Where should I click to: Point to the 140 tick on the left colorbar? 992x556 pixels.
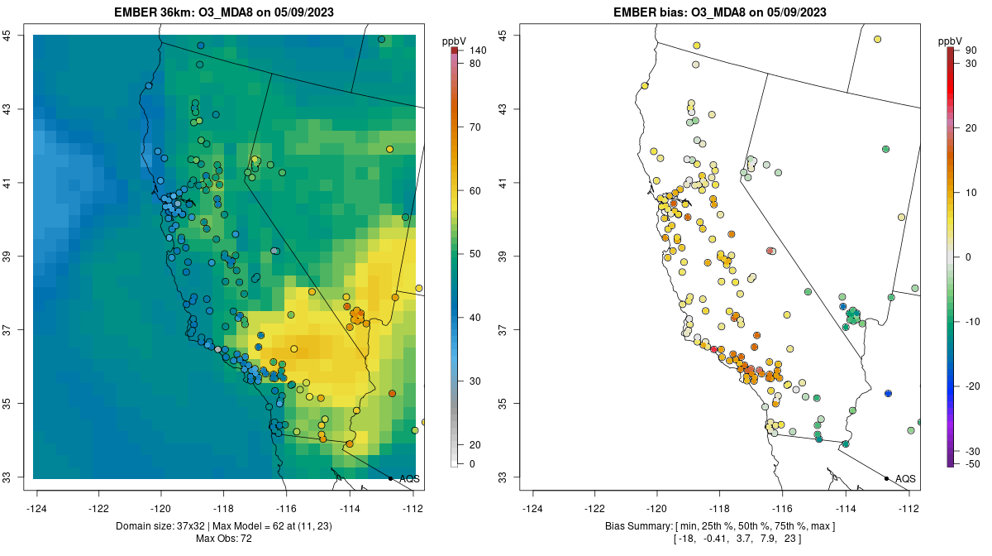[478, 50]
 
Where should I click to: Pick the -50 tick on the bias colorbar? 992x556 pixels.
[972, 464]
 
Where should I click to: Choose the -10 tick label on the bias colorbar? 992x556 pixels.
[972, 321]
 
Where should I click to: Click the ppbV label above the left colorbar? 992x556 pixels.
[454, 41]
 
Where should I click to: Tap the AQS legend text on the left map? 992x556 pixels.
[410, 479]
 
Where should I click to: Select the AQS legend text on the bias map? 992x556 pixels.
[906, 479]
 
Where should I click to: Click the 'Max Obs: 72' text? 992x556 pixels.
[224, 539]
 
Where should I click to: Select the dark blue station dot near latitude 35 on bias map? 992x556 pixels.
[888, 393]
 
